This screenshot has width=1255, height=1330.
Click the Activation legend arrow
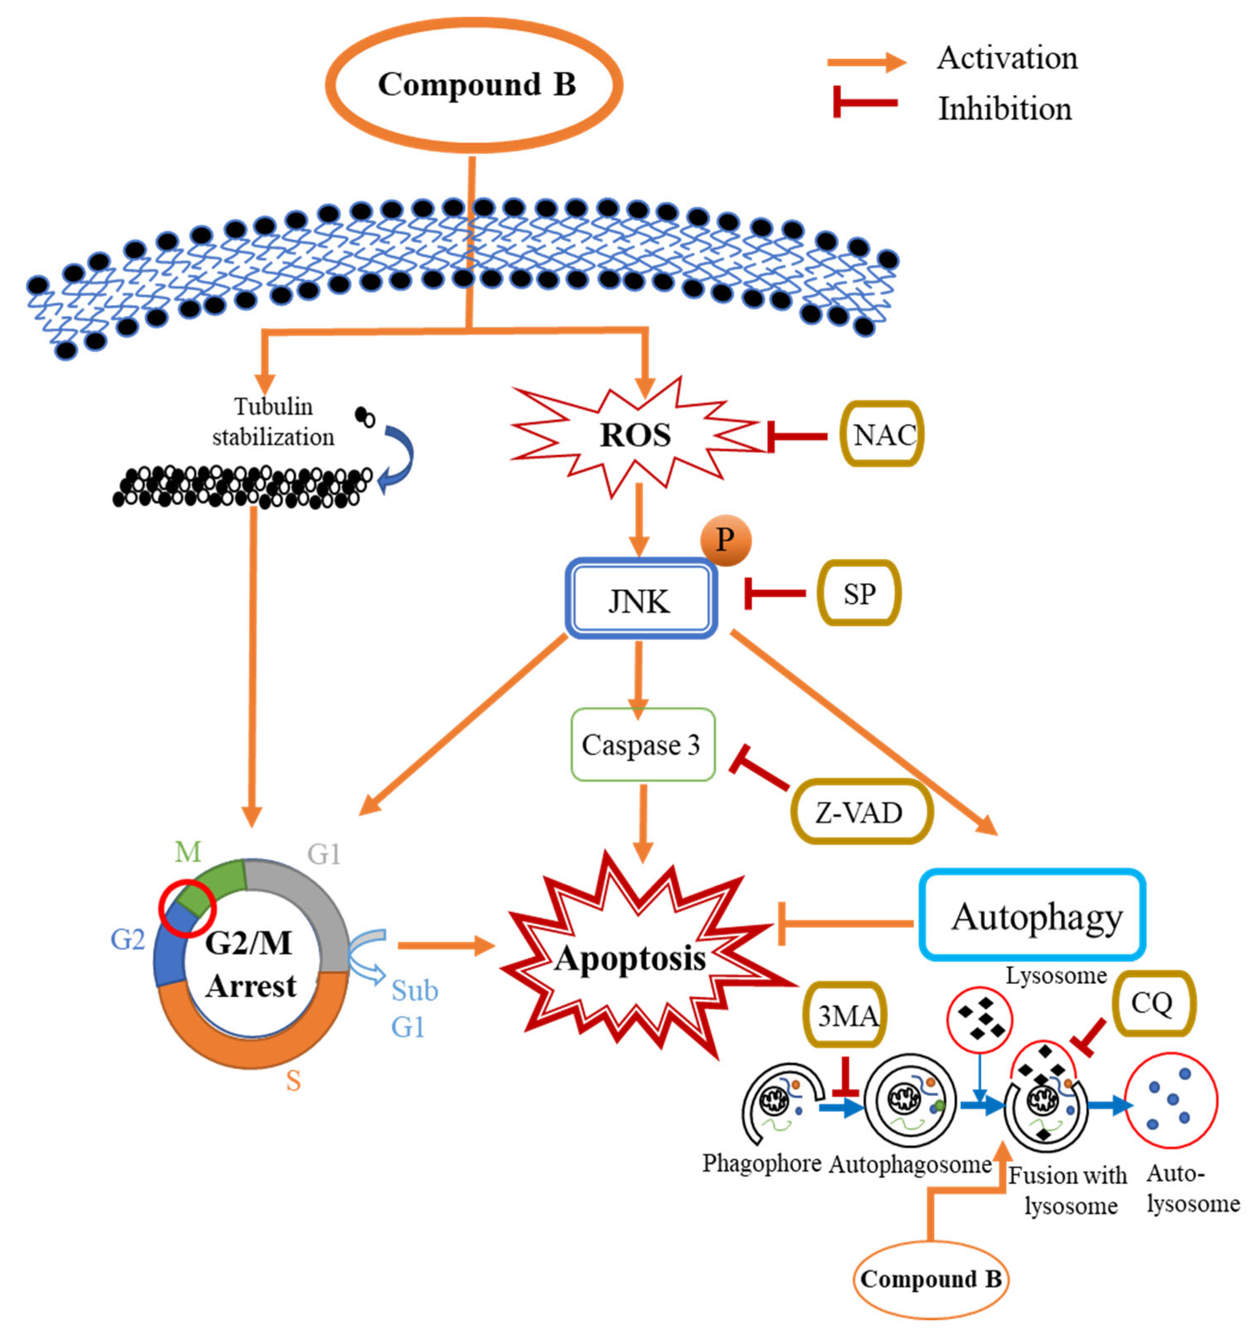coord(867,62)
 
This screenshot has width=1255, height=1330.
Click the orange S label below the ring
coord(293,1081)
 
